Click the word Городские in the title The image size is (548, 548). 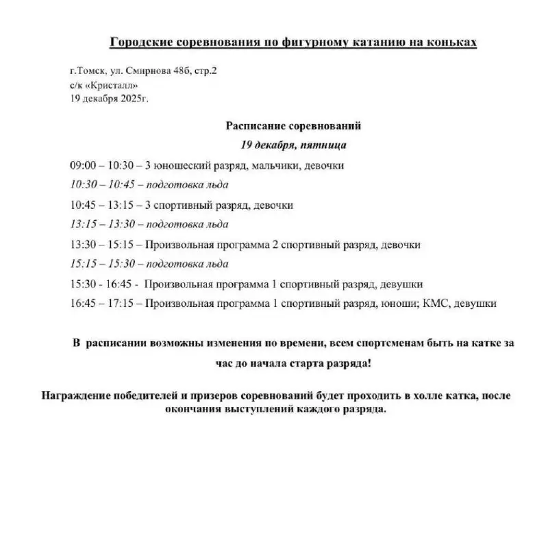pos(140,43)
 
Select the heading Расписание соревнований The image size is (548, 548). pos(292,126)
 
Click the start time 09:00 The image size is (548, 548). pos(82,165)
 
